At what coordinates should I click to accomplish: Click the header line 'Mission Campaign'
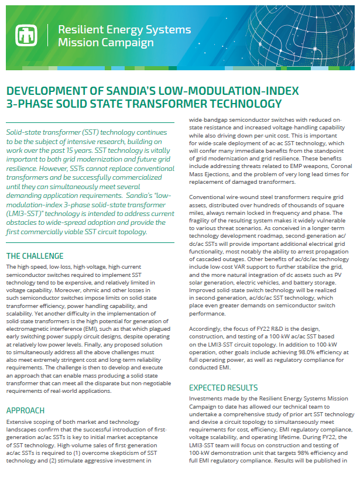[x=106, y=43]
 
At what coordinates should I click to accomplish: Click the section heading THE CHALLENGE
[x=35, y=256]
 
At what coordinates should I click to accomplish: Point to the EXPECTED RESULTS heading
[x=223, y=388]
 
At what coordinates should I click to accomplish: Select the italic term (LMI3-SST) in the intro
[x=29, y=213]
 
